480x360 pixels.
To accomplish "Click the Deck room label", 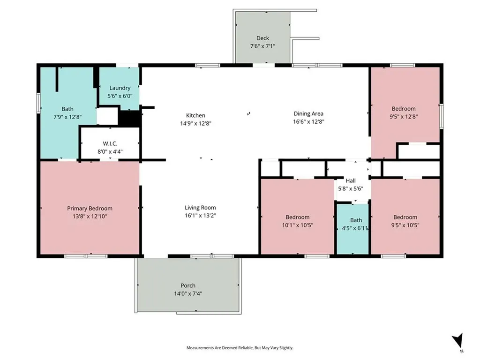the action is [x=262, y=38].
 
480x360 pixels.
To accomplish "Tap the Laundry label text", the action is [x=120, y=88].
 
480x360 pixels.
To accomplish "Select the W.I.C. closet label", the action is [x=110, y=143].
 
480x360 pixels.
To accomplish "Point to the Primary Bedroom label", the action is [x=90, y=209].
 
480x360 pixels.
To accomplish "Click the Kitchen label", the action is [x=195, y=115].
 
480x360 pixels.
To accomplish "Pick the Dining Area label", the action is [x=308, y=113].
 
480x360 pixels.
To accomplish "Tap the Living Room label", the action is [x=200, y=208].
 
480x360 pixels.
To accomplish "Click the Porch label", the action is [x=188, y=285].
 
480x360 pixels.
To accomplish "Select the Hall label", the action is [x=351, y=180].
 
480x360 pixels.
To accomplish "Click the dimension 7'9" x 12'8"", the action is [x=67, y=117].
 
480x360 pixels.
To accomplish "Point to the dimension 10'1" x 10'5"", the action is [x=298, y=225].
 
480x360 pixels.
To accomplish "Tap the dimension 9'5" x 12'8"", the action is [x=404, y=116].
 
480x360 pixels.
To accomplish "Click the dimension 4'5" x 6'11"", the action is [x=355, y=228].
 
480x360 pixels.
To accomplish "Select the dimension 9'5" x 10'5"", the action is [x=405, y=225].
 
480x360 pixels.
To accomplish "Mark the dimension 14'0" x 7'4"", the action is [x=188, y=293].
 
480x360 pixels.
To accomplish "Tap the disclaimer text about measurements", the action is [x=240, y=348].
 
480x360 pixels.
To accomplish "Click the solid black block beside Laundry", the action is [x=129, y=118].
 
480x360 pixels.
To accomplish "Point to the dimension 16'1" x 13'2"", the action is [x=200, y=216].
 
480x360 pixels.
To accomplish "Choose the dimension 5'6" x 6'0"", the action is [x=120, y=96].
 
